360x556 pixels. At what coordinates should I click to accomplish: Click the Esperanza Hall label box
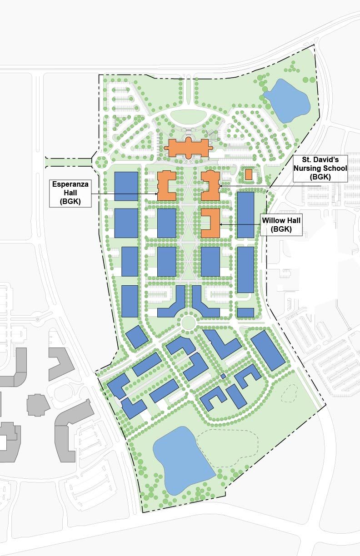70,194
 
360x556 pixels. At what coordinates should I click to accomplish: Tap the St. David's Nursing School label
320,169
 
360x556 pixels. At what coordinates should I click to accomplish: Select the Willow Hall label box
281,225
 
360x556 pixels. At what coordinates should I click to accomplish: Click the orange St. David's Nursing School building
210,185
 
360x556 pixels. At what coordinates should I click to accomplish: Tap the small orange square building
249,174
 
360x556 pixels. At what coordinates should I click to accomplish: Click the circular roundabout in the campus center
188,322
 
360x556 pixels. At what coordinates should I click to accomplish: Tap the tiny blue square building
223,377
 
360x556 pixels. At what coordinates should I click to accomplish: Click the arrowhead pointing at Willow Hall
221,224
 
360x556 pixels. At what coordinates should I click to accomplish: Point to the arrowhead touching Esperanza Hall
156,194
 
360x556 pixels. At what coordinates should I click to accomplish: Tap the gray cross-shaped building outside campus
38,404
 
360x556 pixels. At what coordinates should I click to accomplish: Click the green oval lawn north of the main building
189,116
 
